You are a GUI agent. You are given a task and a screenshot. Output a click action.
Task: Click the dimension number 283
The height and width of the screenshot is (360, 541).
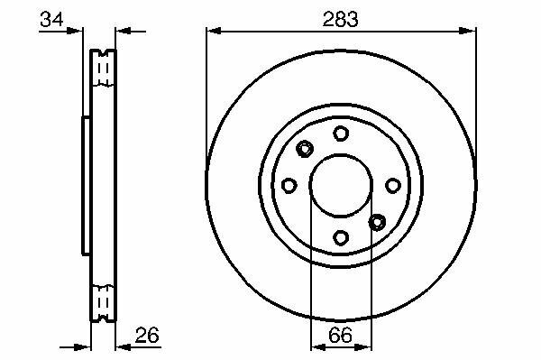coord(340,19)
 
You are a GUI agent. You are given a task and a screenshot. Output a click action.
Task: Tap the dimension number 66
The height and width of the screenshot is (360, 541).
coord(340,335)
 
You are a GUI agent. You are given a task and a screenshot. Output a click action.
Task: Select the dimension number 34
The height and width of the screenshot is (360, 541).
coord(51,19)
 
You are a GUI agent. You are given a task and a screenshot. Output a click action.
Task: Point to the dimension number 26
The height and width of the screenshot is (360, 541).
coord(147,335)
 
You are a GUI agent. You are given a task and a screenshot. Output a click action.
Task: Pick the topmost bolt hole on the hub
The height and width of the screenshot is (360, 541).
coord(341,134)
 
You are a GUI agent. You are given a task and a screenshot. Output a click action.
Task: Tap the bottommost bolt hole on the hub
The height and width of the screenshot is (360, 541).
coord(341,237)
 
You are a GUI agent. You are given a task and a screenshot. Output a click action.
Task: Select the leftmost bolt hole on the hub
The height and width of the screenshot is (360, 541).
coord(289,185)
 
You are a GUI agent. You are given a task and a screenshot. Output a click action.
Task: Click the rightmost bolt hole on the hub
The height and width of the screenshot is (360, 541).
coord(393,186)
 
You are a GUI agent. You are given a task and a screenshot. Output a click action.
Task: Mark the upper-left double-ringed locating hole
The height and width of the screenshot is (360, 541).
coord(305,149)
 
